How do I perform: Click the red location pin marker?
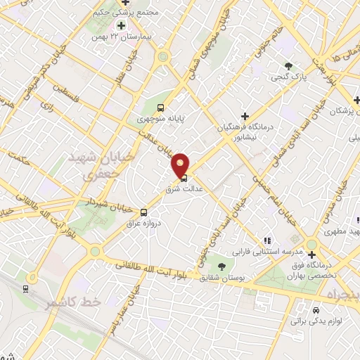coord(181,165)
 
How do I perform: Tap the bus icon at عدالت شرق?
coord(184,178)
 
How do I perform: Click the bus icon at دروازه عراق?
coord(144,212)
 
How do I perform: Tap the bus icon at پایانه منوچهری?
coord(160,108)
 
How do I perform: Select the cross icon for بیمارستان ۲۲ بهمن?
coord(121,25)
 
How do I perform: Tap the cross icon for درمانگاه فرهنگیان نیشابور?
coord(245,116)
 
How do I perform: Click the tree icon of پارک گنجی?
coord(289,65)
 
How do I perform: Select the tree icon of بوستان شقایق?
coord(222,266)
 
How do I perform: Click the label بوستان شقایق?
coord(222,278)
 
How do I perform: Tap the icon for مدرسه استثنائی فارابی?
coord(266,240)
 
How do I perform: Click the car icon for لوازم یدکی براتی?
coord(316,310)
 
